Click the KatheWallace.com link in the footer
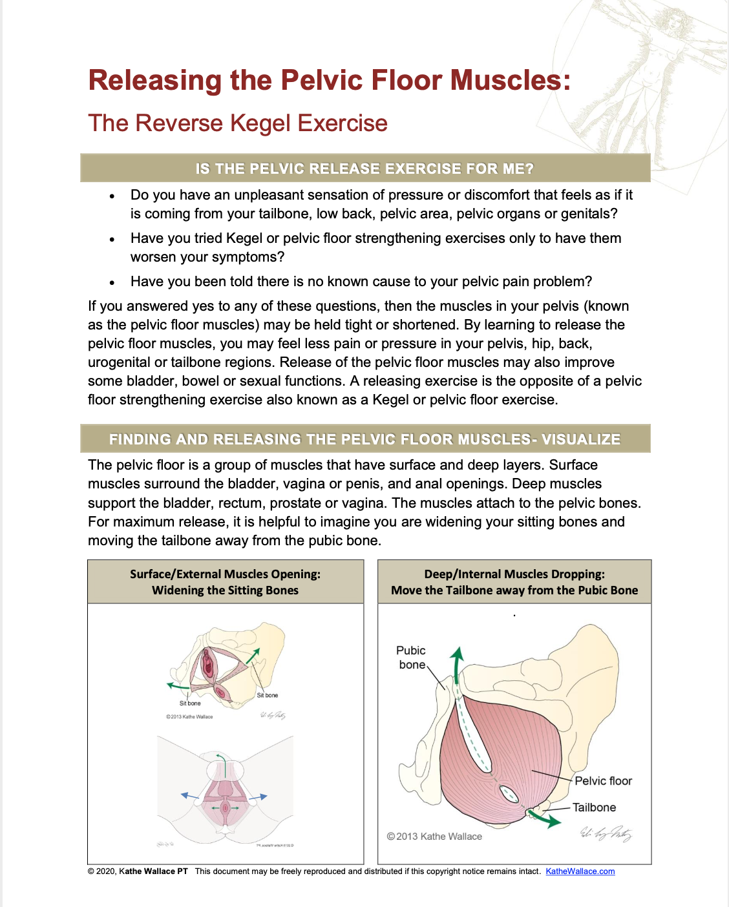click(x=580, y=871)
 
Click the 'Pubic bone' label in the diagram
click(x=411, y=658)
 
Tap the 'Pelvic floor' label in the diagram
click(x=603, y=781)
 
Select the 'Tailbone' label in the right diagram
click(x=594, y=808)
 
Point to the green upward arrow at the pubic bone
click(x=457, y=662)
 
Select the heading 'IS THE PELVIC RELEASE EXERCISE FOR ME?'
click(x=364, y=169)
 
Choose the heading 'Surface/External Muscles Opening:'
click(x=225, y=574)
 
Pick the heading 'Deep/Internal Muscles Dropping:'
click(x=514, y=574)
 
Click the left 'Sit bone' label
click(x=190, y=703)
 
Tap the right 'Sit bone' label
click(x=268, y=695)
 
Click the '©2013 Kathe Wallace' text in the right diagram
click(x=434, y=837)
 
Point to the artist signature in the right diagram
click(x=605, y=833)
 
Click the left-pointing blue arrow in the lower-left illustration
click(x=188, y=796)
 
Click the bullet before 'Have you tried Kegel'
click(x=112, y=240)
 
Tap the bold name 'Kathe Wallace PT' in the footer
click(x=153, y=871)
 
